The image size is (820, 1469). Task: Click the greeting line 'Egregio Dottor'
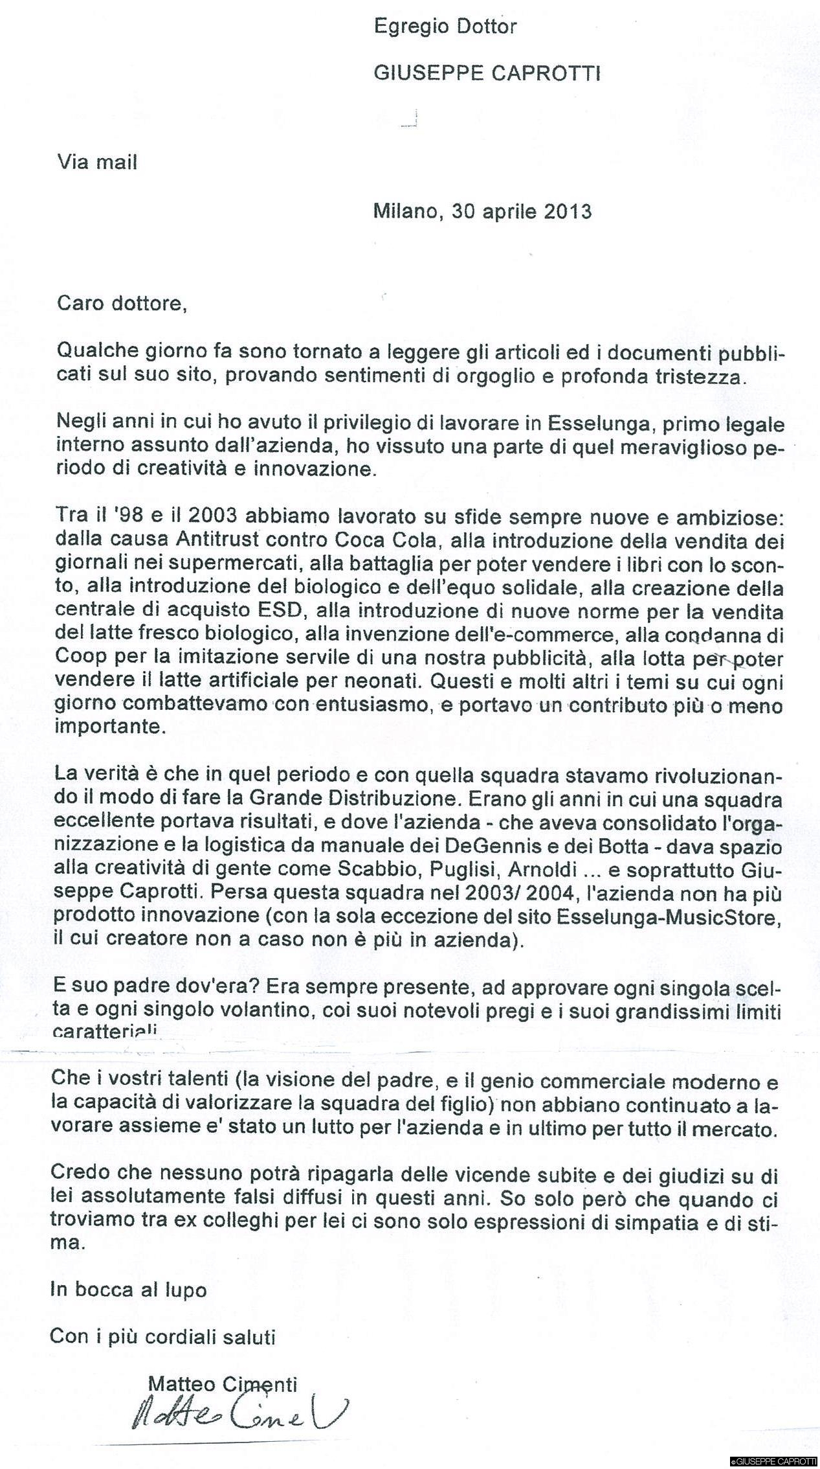pos(445,27)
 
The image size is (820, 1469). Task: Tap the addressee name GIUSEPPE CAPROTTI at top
pos(487,74)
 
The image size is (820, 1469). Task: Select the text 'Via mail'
pos(98,162)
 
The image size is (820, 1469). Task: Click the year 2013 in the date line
pos(568,212)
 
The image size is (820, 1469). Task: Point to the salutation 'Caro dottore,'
pos(122,304)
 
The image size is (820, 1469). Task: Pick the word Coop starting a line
pos(76,659)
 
